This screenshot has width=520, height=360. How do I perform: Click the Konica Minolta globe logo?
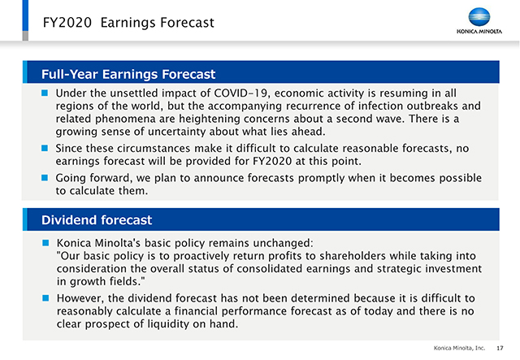[479, 17]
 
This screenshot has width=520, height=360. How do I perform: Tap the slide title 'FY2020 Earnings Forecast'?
[128, 23]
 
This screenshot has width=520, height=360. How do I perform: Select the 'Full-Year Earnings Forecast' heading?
[128, 74]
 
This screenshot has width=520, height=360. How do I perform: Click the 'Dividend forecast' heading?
[97, 220]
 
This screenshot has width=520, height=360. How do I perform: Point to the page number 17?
[500, 348]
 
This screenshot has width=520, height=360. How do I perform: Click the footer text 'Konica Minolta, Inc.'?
[459, 348]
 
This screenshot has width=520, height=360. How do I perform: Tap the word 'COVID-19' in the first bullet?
[240, 93]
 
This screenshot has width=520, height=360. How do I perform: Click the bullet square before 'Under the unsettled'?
[45, 93]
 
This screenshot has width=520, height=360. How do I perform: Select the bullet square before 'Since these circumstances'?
[45, 148]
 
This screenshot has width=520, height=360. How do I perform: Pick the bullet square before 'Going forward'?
[45, 178]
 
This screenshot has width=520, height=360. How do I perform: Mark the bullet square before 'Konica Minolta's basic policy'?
[45, 243]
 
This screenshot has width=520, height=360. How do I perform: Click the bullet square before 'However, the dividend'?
[45, 298]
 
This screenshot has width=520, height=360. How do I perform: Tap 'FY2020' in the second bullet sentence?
[272, 161]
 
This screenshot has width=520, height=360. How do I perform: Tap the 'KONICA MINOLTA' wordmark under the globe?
[479, 32]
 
